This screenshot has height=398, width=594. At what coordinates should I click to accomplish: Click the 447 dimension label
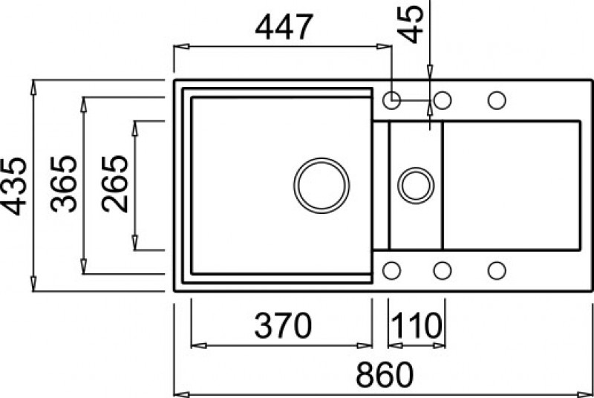pyautogui.click(x=284, y=27)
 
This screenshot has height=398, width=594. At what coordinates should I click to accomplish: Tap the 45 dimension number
pyautogui.click(x=411, y=24)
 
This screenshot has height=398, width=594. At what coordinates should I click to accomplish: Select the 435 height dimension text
pyautogui.click(x=13, y=186)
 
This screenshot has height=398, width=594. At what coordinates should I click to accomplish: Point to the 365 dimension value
pyautogui.click(x=64, y=183)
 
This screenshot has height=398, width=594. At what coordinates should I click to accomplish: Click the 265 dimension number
pyautogui.click(x=115, y=183)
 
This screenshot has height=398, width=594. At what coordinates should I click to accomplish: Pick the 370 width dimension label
pyautogui.click(x=283, y=326)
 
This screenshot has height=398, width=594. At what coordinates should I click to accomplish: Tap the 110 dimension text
pyautogui.click(x=417, y=326)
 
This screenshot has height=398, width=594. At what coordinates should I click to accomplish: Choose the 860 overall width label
pyautogui.click(x=385, y=374)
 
